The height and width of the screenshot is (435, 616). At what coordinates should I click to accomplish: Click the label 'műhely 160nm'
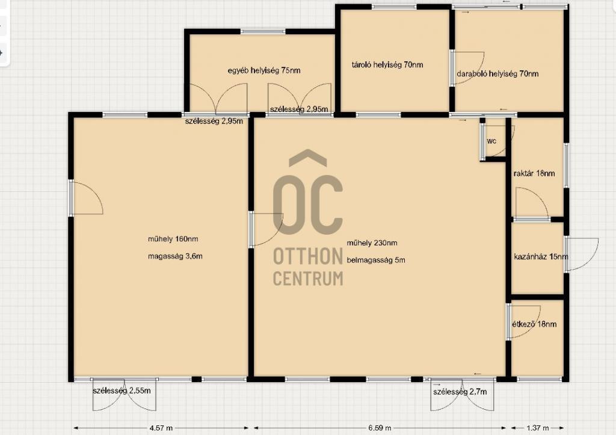tap(173, 239)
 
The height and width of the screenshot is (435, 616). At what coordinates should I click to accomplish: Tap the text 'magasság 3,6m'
tap(175, 256)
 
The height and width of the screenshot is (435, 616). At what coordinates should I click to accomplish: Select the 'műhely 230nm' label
tap(372, 243)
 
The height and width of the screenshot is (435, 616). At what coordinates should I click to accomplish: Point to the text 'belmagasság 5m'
tap(376, 260)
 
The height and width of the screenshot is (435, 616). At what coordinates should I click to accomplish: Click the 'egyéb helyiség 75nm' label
tap(264, 71)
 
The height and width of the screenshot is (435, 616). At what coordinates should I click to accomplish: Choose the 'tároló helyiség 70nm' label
tap(387, 65)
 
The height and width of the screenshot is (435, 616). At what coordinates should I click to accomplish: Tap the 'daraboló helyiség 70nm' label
tap(497, 73)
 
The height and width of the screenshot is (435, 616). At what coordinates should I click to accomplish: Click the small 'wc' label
tap(491, 141)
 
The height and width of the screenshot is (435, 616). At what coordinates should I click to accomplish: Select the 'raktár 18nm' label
tap(534, 173)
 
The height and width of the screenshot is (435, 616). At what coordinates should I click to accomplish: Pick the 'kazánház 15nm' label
tap(541, 257)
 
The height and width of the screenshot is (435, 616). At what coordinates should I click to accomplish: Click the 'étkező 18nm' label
tap(534, 324)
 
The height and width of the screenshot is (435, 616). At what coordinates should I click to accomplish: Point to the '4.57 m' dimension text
tap(161, 428)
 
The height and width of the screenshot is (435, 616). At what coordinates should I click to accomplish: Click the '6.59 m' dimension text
tap(380, 428)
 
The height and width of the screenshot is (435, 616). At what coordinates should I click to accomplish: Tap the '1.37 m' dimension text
tap(537, 428)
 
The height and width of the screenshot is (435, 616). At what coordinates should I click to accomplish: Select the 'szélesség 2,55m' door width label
tap(122, 391)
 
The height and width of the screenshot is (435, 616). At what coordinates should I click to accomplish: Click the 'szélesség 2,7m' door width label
tap(460, 392)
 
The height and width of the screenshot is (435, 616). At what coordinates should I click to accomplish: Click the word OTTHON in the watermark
tap(308, 256)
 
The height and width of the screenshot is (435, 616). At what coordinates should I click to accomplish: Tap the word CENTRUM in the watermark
tap(308, 278)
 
